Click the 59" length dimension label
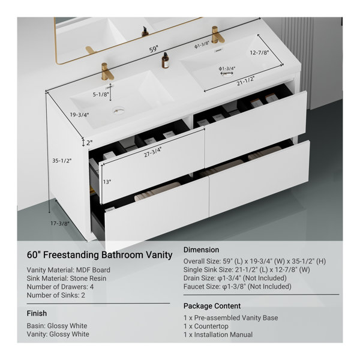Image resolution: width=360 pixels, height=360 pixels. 154,49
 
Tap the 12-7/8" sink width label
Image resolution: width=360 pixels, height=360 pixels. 259,53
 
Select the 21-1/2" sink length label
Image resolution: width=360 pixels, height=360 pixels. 245,81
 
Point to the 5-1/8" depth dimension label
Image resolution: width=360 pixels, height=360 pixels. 101,94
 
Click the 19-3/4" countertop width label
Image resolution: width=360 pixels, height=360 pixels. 79,115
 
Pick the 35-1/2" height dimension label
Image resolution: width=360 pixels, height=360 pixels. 62,160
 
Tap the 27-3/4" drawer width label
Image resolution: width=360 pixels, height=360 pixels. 152,152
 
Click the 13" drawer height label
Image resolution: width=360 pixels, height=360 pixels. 107,182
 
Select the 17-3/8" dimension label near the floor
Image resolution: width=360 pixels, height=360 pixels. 60,223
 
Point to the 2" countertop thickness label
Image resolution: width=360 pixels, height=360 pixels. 89,143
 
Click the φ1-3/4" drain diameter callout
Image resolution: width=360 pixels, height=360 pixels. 227,68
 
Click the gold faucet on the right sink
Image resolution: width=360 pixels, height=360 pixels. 217,35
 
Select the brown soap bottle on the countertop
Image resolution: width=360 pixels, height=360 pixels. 165,60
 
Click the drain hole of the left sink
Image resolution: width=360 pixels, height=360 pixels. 119,112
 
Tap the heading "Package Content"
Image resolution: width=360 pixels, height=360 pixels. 212,306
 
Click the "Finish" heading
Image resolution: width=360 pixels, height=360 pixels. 37,313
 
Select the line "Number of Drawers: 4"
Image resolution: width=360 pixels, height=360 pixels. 60,287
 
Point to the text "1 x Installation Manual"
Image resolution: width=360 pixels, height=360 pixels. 218,335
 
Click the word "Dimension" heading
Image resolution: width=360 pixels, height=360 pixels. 201,250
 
